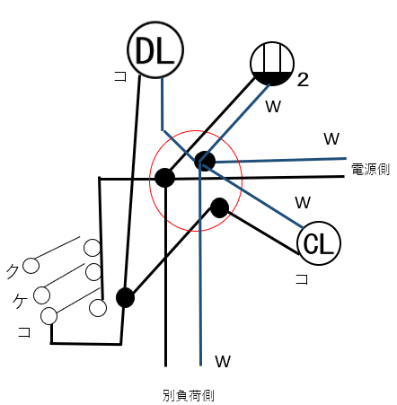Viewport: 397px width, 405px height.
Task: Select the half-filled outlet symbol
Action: click(272, 63)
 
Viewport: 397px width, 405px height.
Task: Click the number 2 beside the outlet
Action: click(303, 80)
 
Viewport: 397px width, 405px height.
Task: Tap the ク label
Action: click(12, 268)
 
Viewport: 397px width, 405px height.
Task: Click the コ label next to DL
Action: click(119, 77)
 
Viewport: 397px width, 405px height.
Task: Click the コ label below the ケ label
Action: click(24, 332)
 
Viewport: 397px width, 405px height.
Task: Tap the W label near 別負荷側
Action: click(223, 362)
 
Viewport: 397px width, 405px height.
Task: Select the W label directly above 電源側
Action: click(331, 138)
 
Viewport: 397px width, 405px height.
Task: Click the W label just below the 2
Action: click(273, 106)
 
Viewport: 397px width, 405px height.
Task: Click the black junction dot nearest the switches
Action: click(125, 297)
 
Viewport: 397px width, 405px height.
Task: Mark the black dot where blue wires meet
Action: click(205, 161)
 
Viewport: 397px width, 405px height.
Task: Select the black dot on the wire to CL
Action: click(219, 207)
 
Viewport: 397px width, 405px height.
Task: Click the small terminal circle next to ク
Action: click(31, 265)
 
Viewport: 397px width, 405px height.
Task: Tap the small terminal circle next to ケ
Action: click(40, 294)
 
